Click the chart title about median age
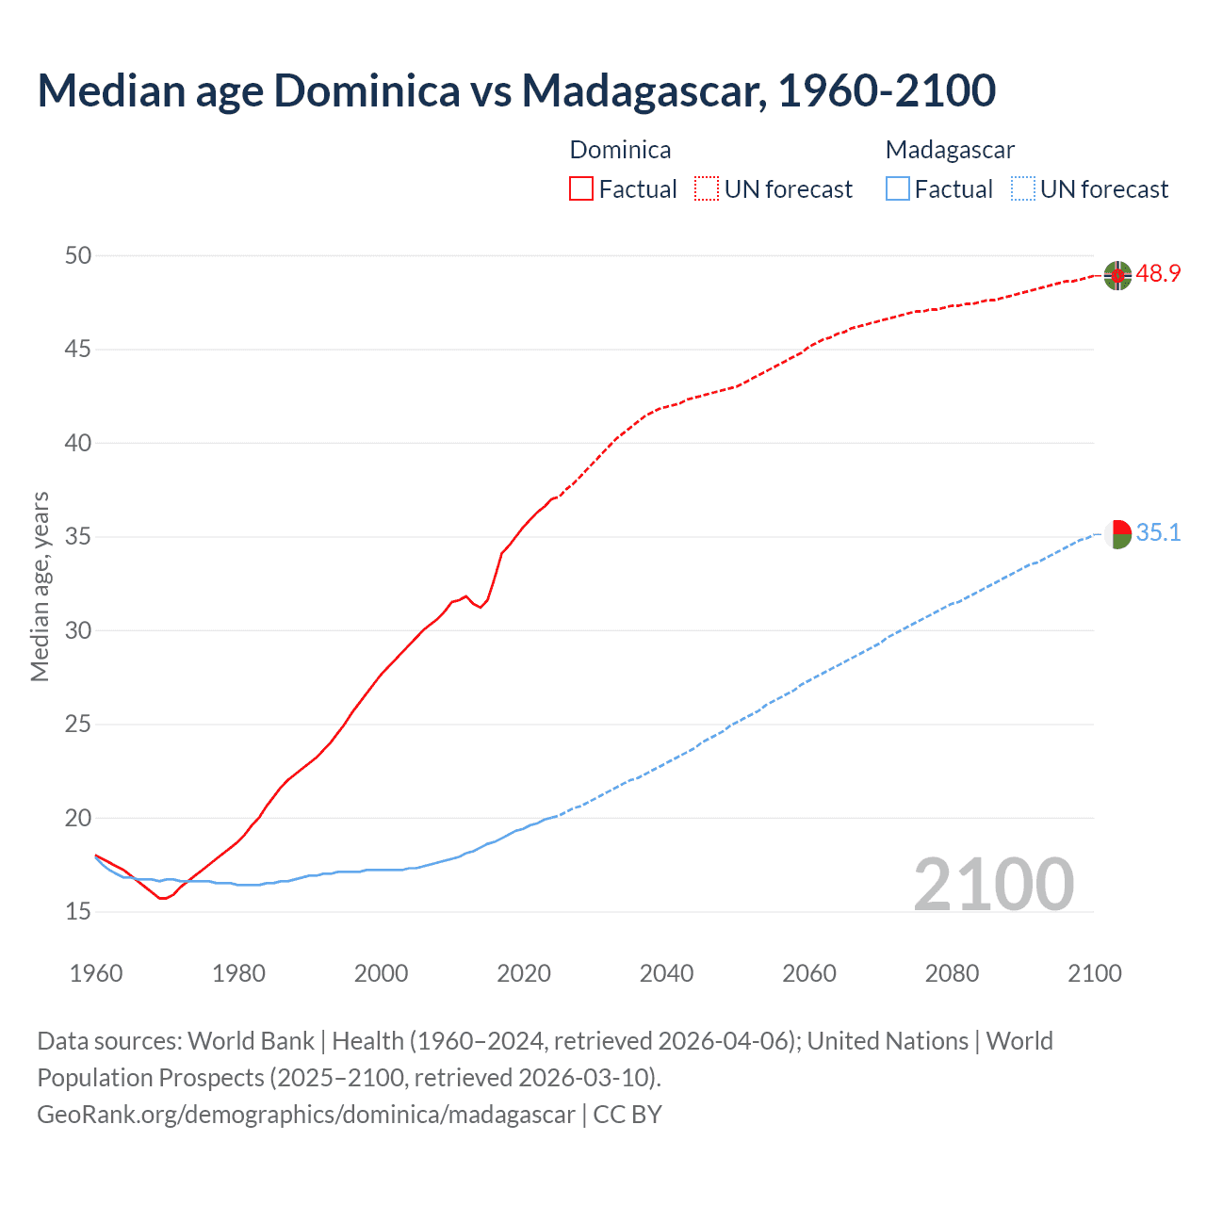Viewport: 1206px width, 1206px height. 516,90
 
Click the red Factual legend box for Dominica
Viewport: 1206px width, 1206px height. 581,188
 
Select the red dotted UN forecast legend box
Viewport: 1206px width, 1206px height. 707,188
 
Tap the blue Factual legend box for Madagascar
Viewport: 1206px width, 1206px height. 898,188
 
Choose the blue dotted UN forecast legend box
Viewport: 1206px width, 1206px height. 1023,188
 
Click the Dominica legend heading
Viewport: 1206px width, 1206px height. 620,150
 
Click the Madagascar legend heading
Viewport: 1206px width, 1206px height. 950,150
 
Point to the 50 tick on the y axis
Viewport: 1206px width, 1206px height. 78,255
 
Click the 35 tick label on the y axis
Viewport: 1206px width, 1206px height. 78,537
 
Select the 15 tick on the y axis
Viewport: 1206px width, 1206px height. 78,912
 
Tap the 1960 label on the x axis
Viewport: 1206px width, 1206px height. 96,973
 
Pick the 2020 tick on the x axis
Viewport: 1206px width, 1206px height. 524,973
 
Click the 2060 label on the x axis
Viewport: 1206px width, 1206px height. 809,973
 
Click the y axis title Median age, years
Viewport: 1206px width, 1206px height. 40,586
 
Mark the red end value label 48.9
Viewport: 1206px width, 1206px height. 1158,274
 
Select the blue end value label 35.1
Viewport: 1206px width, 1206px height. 1158,533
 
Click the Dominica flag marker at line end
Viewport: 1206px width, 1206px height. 1117,275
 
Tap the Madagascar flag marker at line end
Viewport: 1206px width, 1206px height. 1117,534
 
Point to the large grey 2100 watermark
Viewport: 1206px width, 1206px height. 993,884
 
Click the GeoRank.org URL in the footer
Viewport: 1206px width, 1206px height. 305,1115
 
